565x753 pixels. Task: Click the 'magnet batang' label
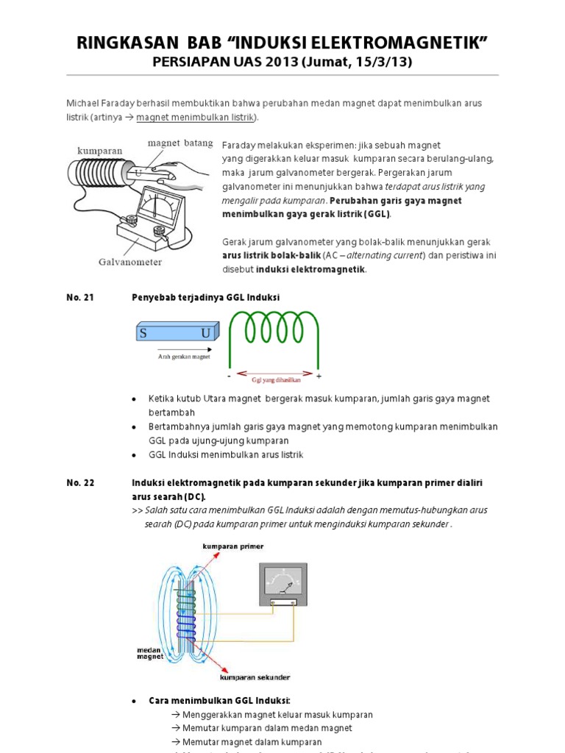(180, 143)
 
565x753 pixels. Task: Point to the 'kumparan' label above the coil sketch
(100, 150)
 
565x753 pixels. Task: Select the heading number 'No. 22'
(80, 482)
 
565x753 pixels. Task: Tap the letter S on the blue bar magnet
(144, 333)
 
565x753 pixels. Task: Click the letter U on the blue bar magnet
(205, 333)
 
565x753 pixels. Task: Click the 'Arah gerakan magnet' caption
(184, 357)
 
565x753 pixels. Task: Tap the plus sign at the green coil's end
(319, 376)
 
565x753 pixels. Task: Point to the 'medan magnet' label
(149, 654)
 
